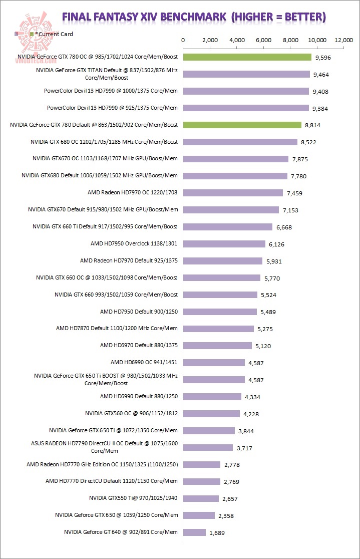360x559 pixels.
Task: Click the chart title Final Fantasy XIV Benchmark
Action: pyautogui.click(x=194, y=17)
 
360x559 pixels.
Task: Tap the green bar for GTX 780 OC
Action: pyautogui.click(x=247, y=57)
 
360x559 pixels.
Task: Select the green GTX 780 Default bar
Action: pyautogui.click(x=242, y=125)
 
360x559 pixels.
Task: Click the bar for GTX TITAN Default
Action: pyautogui.click(x=246, y=74)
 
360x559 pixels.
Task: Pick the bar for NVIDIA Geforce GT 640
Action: pyautogui.click(x=194, y=532)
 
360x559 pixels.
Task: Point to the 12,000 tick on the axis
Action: pyautogui.click(x=344, y=40)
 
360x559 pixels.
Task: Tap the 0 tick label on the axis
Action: pyautogui.click(x=183, y=40)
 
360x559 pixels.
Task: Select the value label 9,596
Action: pyautogui.click(x=322, y=58)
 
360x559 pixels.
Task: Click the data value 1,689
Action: pyautogui.click(x=217, y=532)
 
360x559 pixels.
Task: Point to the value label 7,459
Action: pyautogui.click(x=294, y=193)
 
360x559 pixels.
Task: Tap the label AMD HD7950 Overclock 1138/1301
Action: pyautogui.click(x=134, y=243)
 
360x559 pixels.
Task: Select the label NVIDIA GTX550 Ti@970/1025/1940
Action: pyautogui.click(x=133, y=498)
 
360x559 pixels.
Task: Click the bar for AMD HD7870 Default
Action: pyautogui.click(x=218, y=329)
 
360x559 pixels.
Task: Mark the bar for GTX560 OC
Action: pyautogui.click(x=211, y=413)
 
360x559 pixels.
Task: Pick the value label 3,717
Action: pyautogui.click(x=244, y=448)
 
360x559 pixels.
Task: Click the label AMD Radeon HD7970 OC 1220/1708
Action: pyautogui.click(x=132, y=192)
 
